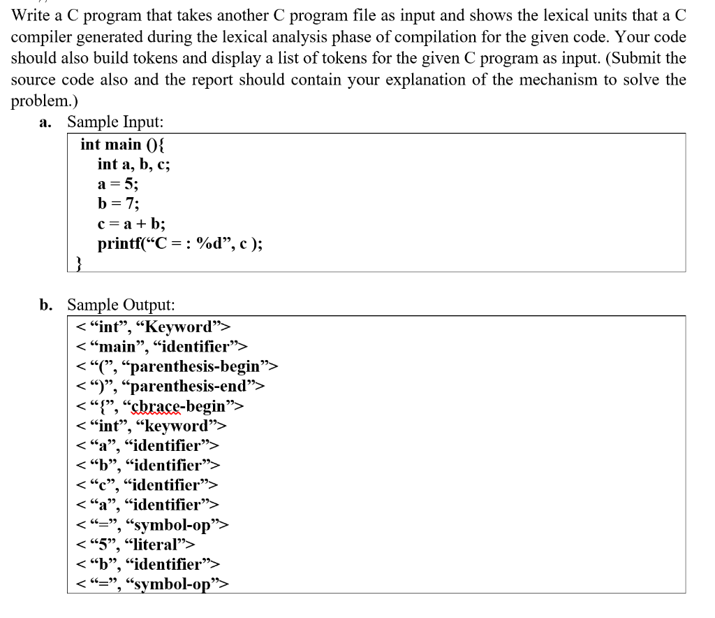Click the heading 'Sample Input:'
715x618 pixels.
(x=115, y=122)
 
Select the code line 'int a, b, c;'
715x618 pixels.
(x=133, y=164)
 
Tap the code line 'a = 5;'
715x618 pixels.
(x=118, y=185)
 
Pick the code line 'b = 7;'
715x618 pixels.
(x=119, y=204)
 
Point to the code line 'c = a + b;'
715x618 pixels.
(x=131, y=224)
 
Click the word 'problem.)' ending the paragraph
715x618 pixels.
(x=43, y=101)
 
